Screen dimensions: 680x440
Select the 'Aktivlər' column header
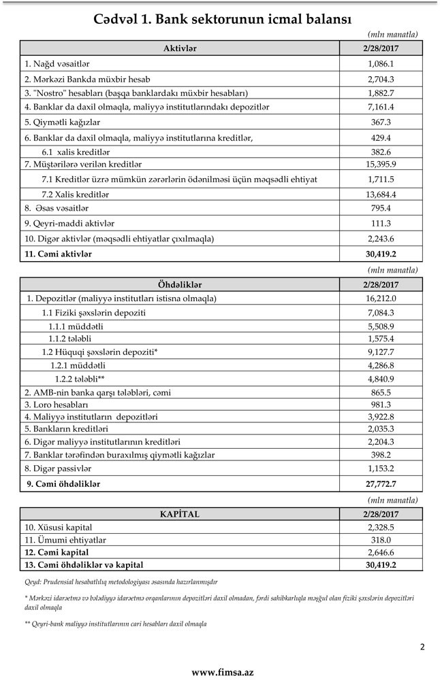point(180,48)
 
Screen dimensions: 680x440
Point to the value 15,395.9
point(381,165)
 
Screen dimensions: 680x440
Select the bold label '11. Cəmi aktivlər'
point(58,254)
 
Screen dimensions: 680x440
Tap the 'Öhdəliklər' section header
point(180,284)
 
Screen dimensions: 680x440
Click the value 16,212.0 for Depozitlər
point(381,299)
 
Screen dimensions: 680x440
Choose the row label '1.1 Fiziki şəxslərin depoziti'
point(94,313)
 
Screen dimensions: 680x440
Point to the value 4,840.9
point(381,379)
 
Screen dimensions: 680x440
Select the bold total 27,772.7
point(381,484)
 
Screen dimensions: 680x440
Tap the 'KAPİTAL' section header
point(180,514)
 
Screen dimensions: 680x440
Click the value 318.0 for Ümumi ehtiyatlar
point(381,539)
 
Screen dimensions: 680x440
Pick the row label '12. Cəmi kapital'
point(57,552)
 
